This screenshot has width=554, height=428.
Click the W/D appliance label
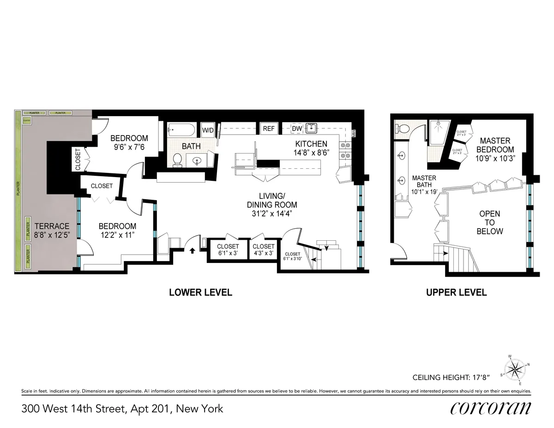coord(207,130)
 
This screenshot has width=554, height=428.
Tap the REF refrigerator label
coord(269,129)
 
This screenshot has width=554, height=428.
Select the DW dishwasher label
coord(297,128)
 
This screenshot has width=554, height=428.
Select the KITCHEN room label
coord(311,144)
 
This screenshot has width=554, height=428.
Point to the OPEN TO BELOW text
coord(489,223)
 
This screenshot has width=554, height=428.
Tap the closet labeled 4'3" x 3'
coord(263,250)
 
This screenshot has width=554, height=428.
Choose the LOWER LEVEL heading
coord(200,292)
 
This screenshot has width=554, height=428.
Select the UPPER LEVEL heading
coord(457,292)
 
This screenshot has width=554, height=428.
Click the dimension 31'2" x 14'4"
coord(271,214)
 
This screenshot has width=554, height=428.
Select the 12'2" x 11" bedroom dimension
coord(117,235)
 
